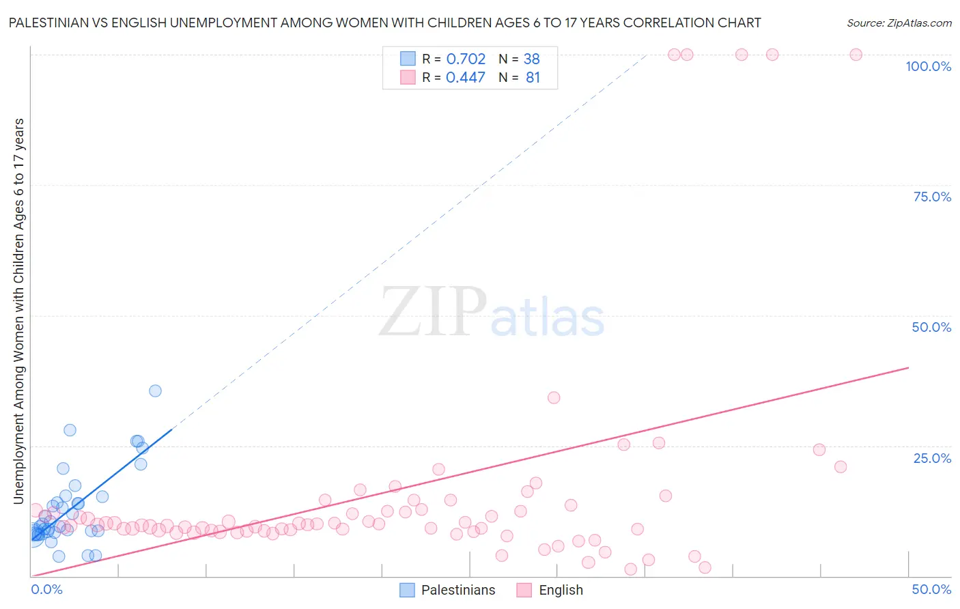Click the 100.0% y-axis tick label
click(928, 66)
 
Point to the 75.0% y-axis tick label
click(932, 197)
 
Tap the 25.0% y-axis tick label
click(932, 457)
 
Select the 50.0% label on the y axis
click(931, 327)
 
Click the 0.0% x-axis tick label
click(47, 589)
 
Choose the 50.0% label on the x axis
click(931, 589)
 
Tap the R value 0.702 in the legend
click(466, 59)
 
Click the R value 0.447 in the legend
click(466, 77)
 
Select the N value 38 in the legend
click(531, 59)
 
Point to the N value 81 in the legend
click(533, 77)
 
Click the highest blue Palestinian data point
click(155, 391)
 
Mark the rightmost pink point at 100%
click(856, 55)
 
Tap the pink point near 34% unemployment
click(554, 397)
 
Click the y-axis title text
click(18, 311)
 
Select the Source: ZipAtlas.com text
click(899, 23)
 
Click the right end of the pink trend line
click(908, 367)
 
